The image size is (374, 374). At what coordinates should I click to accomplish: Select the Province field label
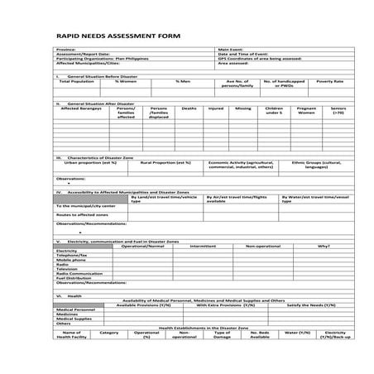point(65,50)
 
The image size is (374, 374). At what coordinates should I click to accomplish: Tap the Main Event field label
point(229,50)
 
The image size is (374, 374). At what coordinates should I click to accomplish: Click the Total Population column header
point(77,81)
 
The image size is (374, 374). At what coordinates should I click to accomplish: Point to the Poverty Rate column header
point(330,81)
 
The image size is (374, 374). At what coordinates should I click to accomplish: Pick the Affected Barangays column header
point(81,108)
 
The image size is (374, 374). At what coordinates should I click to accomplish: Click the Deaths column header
point(189,108)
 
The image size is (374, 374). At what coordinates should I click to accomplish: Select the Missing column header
point(242,108)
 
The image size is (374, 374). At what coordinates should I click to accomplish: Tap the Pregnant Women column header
point(306,111)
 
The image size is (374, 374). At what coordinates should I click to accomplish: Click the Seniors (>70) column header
point(338,111)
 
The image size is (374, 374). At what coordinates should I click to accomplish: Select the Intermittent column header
point(203,246)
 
